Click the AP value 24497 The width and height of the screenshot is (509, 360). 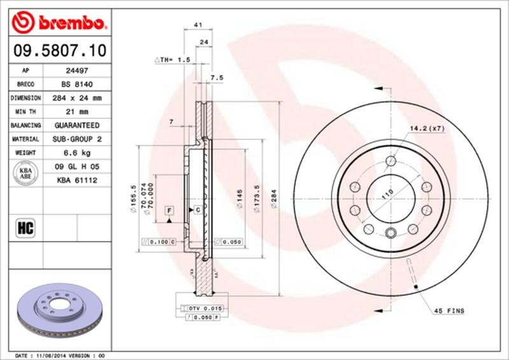click(76, 71)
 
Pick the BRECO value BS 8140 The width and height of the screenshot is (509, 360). click(76, 85)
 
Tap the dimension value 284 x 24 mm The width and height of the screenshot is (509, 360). click(76, 99)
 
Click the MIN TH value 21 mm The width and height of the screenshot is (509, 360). click(76, 112)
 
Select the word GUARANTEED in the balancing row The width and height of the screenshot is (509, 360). click(76, 126)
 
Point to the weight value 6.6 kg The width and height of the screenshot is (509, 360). click(76, 153)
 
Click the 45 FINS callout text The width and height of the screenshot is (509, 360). click(449, 310)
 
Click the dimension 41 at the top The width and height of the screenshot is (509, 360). click(198, 26)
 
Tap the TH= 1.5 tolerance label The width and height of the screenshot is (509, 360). click(172, 60)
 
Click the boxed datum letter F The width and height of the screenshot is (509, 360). click(170, 210)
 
